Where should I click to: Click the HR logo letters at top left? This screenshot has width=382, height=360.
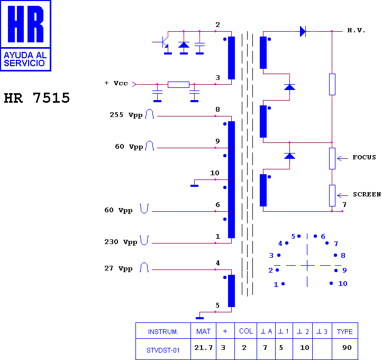point(25,24)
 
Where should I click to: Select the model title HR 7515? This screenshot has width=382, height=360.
point(37,98)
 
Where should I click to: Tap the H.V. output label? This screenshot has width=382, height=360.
point(356,31)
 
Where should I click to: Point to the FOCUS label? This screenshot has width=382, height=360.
point(364,157)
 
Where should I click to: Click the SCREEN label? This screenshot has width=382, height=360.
point(367,194)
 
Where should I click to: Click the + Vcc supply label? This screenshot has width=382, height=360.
point(116,83)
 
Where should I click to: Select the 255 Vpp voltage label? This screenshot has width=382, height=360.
point(126,115)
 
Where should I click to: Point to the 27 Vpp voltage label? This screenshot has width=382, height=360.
point(119,268)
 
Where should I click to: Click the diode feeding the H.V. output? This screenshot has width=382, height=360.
point(303,31)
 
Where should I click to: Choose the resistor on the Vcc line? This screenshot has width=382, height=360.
point(179,85)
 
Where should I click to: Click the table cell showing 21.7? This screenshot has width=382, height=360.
point(203,348)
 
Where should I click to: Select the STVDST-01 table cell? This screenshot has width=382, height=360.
point(163,350)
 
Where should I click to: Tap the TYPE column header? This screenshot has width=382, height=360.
point(345,331)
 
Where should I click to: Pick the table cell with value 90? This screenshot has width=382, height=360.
point(347,348)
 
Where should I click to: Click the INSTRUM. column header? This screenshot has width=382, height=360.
point(163,332)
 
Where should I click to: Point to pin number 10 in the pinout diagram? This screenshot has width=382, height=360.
point(343,283)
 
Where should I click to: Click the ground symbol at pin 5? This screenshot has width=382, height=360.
point(199,318)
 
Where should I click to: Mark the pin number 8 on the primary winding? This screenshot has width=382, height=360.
point(217,110)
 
